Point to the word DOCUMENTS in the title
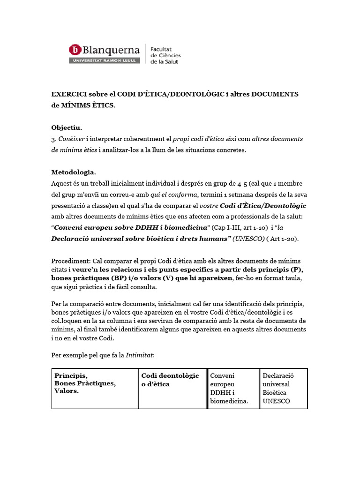pyautogui.click(x=275, y=94)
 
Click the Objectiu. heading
pyautogui.click(x=66, y=127)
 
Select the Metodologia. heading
pyautogui.click(x=73, y=172)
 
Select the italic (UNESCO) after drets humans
pyautogui.click(x=248, y=239)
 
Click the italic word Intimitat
pyautogui.click(x=139, y=355)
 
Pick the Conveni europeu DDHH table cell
pyautogui.click(x=233, y=388)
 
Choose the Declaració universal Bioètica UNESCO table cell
pyautogui.click(x=283, y=388)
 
